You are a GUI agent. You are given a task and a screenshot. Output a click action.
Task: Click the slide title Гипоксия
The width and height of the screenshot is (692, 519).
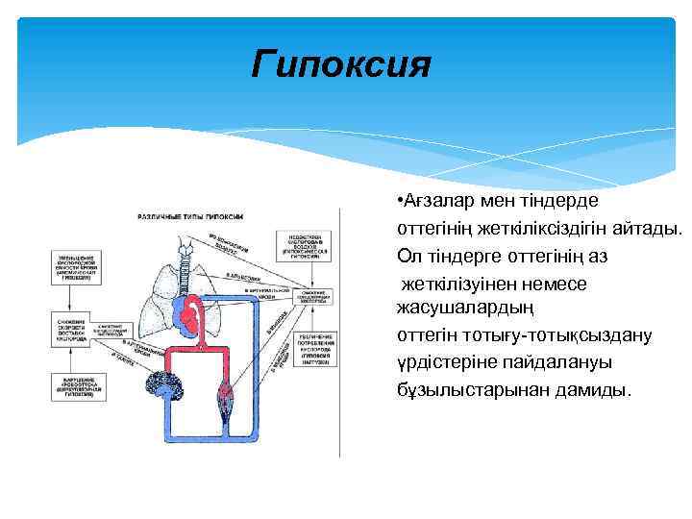click(x=341, y=65)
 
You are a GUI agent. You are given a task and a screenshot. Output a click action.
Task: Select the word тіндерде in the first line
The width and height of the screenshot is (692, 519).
click(x=561, y=201)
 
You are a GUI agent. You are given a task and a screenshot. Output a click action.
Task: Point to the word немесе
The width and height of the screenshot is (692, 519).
click(x=563, y=284)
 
